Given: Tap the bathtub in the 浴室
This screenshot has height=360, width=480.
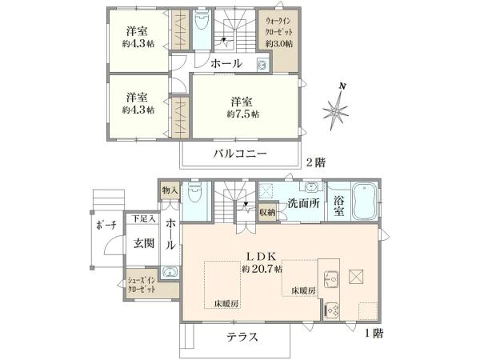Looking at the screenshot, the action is click(364, 201).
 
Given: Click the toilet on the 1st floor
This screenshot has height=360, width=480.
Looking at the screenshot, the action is click(194, 192).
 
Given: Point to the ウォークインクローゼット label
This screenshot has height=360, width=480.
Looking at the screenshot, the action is click(278, 26).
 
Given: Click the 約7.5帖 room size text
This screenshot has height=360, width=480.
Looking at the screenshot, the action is click(242, 114).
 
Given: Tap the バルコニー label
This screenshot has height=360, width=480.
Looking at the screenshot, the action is click(240, 153).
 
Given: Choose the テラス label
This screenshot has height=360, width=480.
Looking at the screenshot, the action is click(242, 337).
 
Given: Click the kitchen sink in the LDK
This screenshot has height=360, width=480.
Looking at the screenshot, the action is click(331, 278).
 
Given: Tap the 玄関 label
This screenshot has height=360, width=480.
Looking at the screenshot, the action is click(143, 243).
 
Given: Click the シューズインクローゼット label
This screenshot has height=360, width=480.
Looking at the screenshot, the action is click(142, 284).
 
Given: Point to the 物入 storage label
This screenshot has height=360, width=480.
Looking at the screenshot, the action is click(170, 190).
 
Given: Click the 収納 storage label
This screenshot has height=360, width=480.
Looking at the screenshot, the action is click(267, 212).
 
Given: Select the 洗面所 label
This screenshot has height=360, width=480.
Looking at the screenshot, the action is click(303, 203).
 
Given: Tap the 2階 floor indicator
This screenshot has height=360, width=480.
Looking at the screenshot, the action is click(316, 162).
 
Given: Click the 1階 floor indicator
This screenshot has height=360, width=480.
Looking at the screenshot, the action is click(374, 333).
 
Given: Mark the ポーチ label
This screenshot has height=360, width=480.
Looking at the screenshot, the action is click(106, 226).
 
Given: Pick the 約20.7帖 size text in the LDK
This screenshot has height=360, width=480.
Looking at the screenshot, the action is click(262, 269).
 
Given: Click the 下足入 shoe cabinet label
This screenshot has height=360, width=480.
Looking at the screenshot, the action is click(143, 219).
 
